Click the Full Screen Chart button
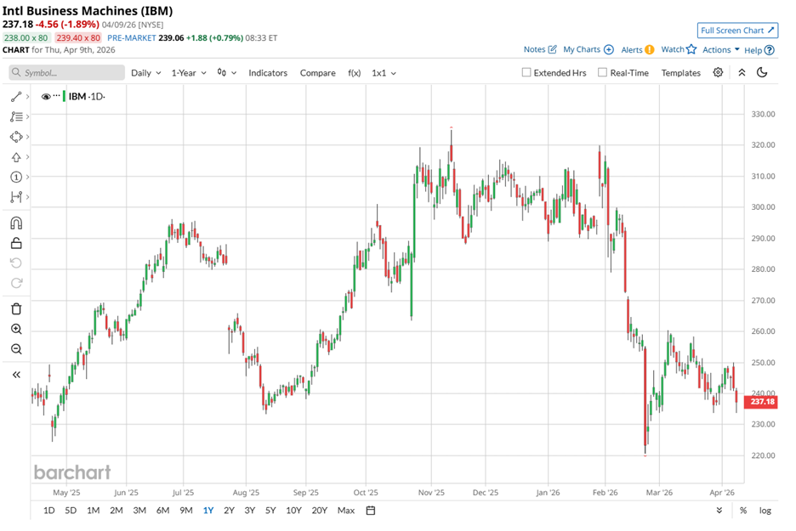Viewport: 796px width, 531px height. tap(737, 31)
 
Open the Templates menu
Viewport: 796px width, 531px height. tap(680, 73)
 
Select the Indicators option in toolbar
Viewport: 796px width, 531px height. tap(268, 73)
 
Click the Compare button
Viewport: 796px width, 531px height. tap(317, 73)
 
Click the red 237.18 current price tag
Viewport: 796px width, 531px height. tap(762, 402)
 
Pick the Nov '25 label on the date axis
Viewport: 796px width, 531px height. tap(432, 492)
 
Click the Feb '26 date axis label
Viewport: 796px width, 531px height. tap(605, 492)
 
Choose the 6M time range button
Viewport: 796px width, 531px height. tap(162, 511)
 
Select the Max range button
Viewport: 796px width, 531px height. tap(345, 511)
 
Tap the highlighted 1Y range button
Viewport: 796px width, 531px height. tap(208, 511)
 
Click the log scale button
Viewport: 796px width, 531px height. tap(765, 511)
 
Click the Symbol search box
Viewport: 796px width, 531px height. tap(67, 73)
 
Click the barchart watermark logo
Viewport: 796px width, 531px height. tap(72, 472)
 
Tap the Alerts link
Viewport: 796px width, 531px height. tap(636, 50)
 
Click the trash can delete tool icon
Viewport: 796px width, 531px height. tap(16, 308)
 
